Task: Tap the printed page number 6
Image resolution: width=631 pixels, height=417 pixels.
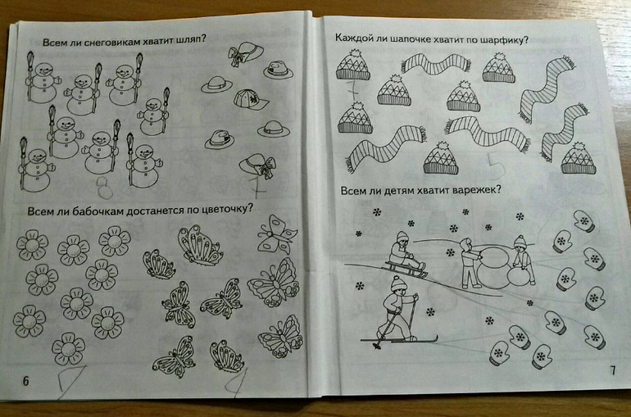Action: pos(25,381)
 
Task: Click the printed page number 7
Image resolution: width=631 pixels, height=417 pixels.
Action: pos(613,370)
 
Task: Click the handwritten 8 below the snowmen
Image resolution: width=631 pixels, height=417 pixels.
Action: pos(105,188)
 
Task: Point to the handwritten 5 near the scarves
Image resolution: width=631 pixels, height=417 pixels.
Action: pos(494,166)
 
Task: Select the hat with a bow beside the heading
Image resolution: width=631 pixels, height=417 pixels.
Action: pos(246,55)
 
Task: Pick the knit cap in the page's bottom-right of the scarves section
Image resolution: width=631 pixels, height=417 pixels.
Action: pos(578,158)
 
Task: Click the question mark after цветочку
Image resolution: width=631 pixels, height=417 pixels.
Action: pos(250,208)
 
